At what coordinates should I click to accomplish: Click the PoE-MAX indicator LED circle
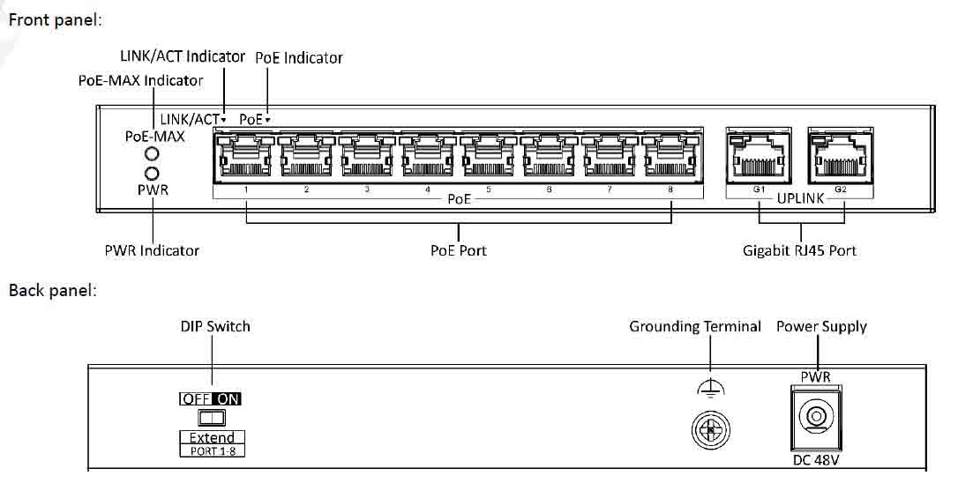152,153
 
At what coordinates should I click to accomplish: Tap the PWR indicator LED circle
152,174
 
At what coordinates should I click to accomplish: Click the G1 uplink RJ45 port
759,156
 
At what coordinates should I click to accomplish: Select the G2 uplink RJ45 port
840,156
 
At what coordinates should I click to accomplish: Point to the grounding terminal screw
710,429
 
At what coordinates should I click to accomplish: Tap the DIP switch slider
212,418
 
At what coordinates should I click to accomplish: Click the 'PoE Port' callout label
458,250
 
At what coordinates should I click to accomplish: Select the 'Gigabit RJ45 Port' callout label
799,250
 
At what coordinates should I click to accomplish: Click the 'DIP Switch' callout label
215,326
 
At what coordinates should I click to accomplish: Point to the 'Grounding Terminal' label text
695,326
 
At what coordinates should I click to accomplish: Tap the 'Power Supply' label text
821,326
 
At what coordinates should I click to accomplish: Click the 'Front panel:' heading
55,20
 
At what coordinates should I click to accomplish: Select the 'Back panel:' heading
53,291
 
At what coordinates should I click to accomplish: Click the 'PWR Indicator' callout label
152,250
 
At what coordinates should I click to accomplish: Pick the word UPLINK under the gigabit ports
800,198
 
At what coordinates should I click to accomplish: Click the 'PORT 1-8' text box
213,451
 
